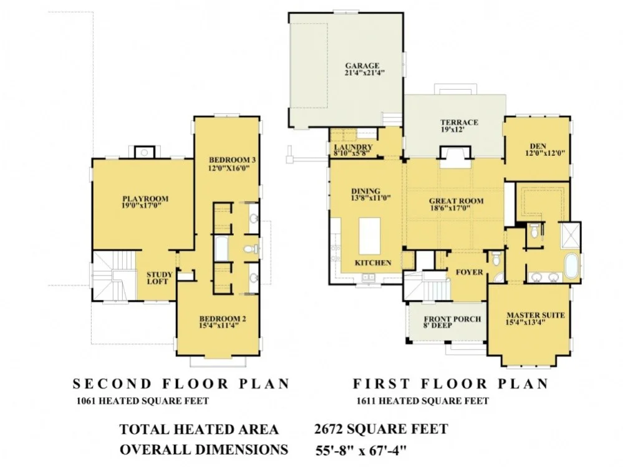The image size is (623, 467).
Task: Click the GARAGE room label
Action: point(362,66)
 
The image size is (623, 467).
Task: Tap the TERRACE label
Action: point(459,122)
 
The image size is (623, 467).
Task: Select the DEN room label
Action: point(538,146)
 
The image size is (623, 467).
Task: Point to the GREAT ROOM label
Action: point(456,201)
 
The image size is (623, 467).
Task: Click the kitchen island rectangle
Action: point(370,236)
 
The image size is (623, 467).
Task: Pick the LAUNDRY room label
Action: point(353,147)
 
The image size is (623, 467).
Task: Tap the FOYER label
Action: point(469,272)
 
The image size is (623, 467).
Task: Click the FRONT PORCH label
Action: point(452,319)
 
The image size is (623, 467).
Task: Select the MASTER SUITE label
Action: point(535,315)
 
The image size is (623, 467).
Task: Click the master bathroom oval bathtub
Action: point(571,266)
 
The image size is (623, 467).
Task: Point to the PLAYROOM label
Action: point(145,198)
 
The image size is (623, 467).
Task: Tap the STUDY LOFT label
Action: point(159,278)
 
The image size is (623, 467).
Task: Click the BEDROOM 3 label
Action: point(232,160)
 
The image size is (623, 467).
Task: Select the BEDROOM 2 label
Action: point(223,319)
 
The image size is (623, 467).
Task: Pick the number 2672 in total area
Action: point(328,429)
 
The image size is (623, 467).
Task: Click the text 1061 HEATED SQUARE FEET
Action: point(143,401)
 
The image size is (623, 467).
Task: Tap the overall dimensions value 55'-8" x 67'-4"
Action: point(361,451)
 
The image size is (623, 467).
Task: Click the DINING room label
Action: point(365,191)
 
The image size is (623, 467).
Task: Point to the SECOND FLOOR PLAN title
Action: point(181,383)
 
